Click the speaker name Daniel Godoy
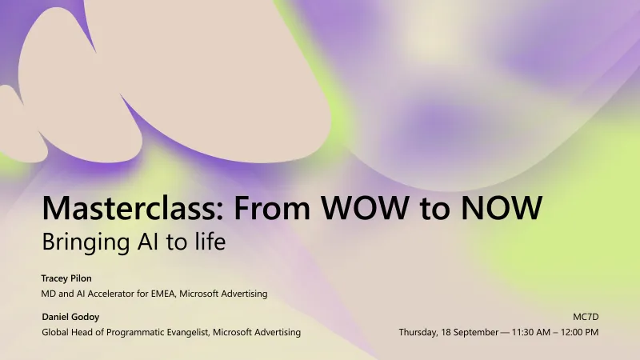70,317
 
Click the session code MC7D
586,317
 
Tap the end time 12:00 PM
582,332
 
